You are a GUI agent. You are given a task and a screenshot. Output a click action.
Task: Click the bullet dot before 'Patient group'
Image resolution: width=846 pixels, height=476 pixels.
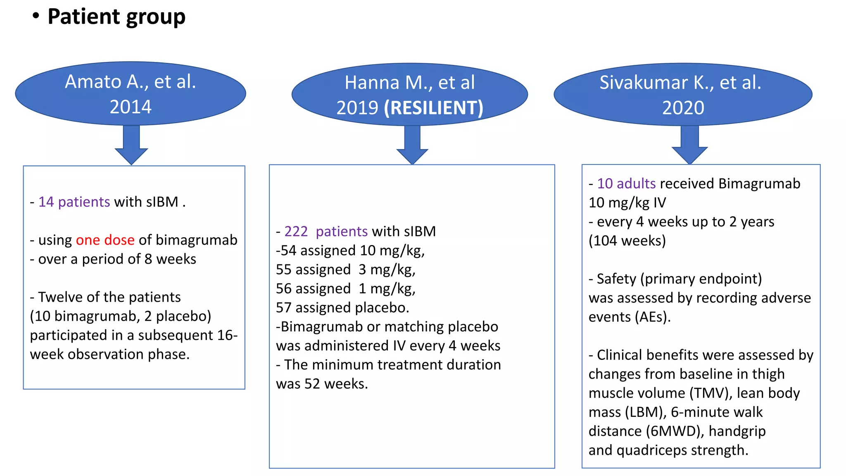point(36,16)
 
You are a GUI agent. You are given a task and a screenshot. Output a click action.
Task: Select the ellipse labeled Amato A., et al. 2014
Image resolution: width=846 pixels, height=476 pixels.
point(131,94)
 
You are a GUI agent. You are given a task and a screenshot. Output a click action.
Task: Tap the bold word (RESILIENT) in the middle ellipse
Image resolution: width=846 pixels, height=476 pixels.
point(433,108)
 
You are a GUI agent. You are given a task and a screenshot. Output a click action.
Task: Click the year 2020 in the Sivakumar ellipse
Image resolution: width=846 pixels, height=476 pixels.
point(683,108)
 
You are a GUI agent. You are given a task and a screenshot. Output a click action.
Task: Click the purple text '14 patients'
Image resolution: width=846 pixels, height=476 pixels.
point(74,202)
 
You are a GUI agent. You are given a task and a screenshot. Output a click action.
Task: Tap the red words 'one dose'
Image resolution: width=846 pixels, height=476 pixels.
point(105,240)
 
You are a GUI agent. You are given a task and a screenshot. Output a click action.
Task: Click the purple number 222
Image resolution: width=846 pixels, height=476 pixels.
point(296,231)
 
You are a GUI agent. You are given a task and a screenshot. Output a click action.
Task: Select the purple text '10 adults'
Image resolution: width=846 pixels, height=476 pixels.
point(626,183)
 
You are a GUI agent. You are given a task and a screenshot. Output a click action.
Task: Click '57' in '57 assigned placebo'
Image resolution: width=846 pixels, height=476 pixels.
point(284,308)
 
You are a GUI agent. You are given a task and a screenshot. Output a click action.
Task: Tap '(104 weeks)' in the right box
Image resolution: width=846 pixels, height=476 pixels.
point(627,240)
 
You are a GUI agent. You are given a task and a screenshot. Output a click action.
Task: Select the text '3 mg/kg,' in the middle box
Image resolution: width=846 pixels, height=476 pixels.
point(387,269)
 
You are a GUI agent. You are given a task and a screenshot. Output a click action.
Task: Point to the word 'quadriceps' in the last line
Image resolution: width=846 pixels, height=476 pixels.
point(651,450)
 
